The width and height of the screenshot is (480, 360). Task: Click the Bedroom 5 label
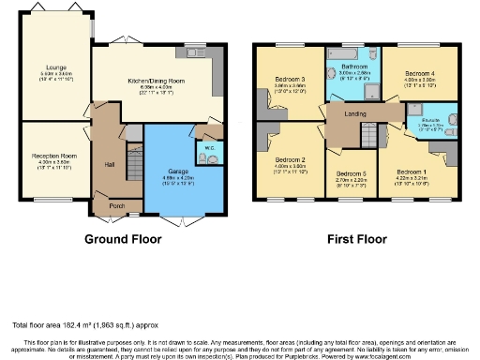click(351, 173)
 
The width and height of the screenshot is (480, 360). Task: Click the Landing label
click(355, 115)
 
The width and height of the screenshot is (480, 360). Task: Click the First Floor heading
click(356, 239)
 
